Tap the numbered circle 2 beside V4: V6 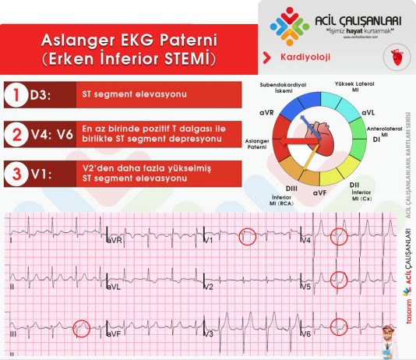[16, 134]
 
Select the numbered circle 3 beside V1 [16, 173]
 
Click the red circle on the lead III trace [81, 328]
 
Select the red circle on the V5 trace [339, 278]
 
